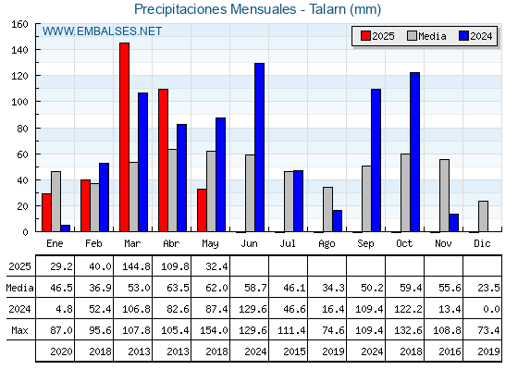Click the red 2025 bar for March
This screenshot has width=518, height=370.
point(125,137)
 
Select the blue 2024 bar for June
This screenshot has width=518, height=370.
point(259,147)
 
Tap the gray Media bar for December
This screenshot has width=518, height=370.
point(483,216)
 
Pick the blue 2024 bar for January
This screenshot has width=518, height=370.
point(66,228)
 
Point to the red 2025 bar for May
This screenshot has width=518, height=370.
point(203,211)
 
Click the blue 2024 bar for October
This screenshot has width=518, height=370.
point(415,152)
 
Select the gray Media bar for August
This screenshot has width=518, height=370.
point(327,209)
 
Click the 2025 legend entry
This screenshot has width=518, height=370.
point(377,36)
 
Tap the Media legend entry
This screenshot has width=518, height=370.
point(426,36)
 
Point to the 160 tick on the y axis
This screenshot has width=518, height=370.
point(19,24)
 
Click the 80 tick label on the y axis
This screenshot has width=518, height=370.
point(22,129)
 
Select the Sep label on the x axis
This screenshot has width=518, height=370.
point(365,244)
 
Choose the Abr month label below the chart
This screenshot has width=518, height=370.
point(171,244)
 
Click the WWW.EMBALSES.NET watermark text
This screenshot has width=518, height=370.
point(102,31)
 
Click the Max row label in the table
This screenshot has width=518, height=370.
point(19,330)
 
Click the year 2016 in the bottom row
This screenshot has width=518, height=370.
point(450,351)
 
